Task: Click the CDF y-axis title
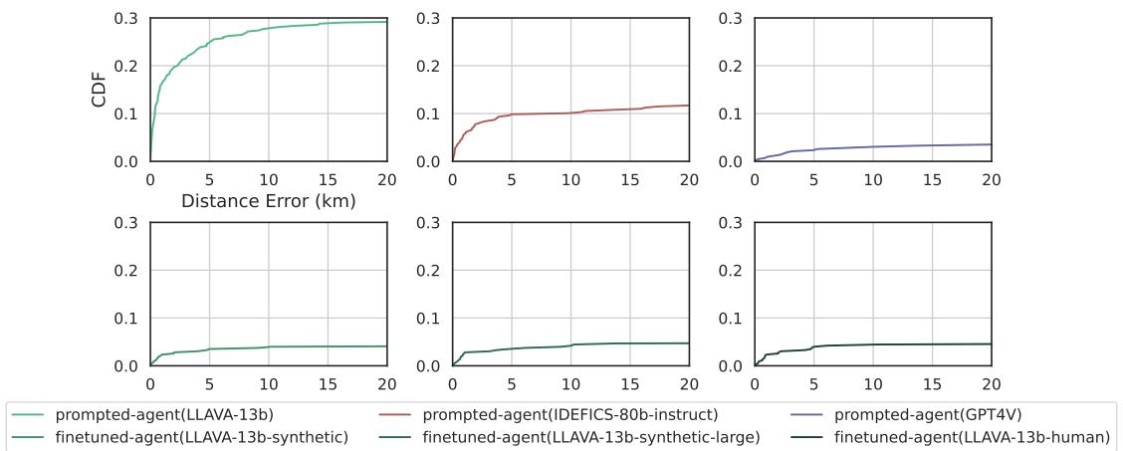tap(100, 90)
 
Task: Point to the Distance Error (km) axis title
tap(268, 200)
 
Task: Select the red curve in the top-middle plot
tap(558, 113)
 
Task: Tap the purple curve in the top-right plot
tap(876, 146)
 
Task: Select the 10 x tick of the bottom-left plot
tap(268, 385)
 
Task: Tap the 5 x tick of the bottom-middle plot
tap(511, 385)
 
